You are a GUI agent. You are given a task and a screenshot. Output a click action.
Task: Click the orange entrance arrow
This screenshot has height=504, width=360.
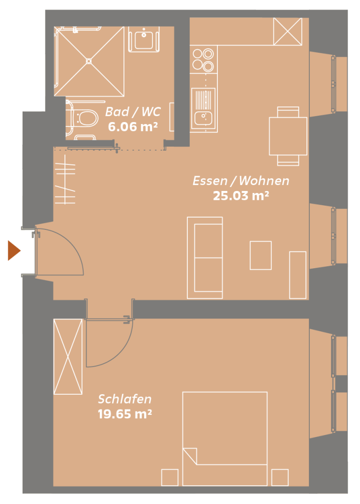coord(14,251)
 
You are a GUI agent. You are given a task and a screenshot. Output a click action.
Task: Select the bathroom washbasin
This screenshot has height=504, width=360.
coord(144,39)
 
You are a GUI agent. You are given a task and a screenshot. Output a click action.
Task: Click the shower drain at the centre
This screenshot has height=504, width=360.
coord(89,61)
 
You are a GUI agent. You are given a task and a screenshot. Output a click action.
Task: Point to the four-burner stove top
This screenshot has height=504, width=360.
coord(203,60)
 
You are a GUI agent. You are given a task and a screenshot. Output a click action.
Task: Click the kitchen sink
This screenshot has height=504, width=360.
coord(204,109)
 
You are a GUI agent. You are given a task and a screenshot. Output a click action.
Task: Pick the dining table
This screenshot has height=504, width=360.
coord(288,136)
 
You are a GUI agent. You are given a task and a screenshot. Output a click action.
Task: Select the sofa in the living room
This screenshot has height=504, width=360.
coord(205,258)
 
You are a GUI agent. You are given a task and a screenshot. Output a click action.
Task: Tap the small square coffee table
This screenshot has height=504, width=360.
coord(261,255)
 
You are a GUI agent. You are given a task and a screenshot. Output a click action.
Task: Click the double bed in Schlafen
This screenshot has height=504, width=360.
coord(225,439)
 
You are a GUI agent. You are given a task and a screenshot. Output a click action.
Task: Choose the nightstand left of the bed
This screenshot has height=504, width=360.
coord(170,477)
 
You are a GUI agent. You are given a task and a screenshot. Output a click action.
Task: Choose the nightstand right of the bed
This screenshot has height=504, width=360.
coord(280,477)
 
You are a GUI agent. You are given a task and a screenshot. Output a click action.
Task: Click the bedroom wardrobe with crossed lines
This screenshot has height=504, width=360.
coord(68,356)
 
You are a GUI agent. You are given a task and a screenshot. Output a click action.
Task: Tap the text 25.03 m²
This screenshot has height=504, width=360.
coord(241,195)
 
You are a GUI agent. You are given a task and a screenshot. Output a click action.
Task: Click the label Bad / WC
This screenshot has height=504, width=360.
coord(133,112)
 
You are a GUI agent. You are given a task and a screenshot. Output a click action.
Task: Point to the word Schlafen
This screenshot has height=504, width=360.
coord(124,399)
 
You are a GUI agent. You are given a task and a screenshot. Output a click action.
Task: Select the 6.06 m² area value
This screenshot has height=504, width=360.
coord(133,126)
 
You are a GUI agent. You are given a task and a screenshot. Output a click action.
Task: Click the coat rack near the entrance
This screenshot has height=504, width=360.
coord(65,179)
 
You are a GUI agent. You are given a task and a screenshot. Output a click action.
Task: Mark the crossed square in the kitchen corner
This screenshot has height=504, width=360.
coord(288,31)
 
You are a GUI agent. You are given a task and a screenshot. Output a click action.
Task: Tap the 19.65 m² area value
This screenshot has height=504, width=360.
coord(124,413)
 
